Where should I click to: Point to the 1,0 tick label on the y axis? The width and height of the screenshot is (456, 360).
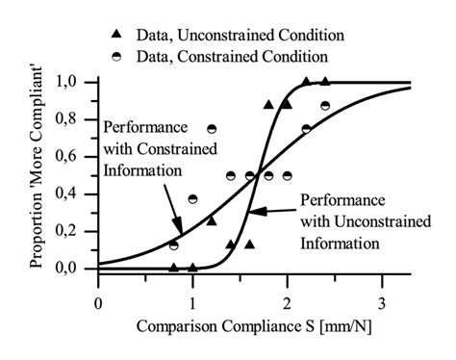(76, 83)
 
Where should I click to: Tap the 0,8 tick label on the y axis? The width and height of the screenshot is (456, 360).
(76, 120)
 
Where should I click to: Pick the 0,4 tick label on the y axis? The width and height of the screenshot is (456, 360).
(76, 194)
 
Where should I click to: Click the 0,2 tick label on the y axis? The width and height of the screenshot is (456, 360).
(76, 231)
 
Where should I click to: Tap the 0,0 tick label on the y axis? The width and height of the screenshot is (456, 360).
(76, 269)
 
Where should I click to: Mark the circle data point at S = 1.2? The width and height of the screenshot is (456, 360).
(212, 129)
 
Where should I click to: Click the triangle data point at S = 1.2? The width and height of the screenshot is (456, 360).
(212, 221)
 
